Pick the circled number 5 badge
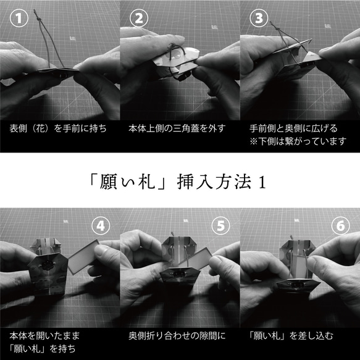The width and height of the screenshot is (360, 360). (222, 226)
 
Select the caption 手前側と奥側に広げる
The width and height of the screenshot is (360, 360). (293, 129)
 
